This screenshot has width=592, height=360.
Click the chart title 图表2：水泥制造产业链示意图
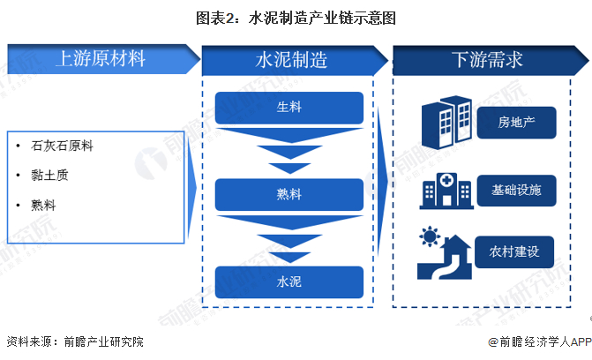296,17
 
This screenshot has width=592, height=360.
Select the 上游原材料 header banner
101,59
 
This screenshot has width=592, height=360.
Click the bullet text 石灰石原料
62,146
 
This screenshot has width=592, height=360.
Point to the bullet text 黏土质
49,175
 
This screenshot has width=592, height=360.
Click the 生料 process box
289,107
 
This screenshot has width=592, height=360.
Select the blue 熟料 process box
289,194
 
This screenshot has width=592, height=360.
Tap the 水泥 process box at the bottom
289,281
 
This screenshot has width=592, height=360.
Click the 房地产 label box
516,123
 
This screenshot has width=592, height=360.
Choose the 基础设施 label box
516,190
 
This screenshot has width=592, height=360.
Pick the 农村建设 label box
516,252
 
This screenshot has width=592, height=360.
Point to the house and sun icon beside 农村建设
444,253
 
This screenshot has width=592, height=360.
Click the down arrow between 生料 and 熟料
289,151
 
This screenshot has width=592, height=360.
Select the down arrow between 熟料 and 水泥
289,238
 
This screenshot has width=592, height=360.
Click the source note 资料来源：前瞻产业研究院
75,341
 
